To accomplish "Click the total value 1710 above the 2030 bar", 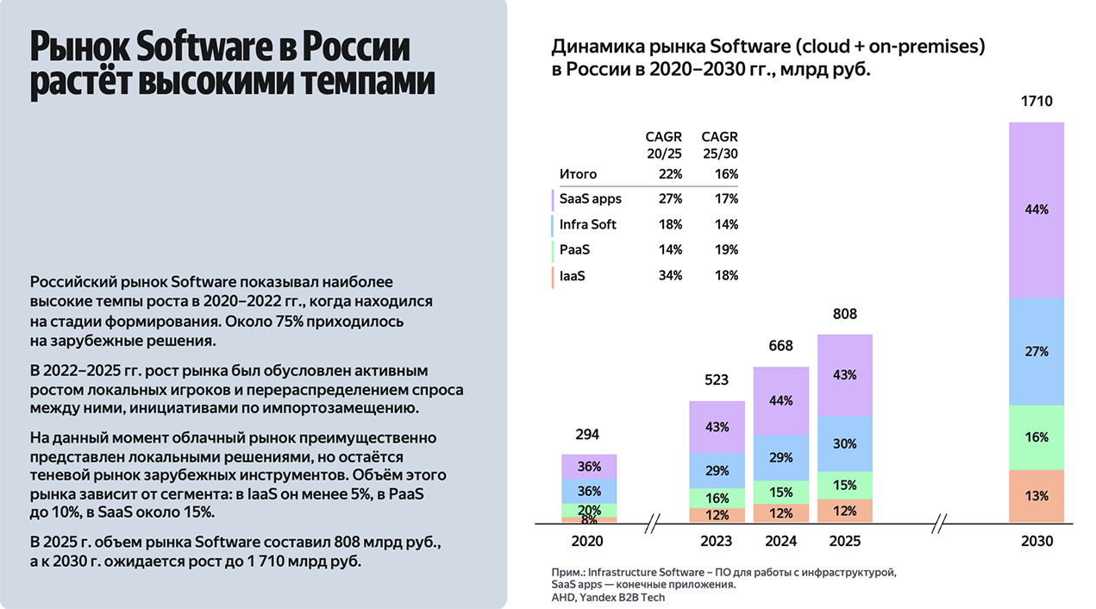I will pyautogui.click(x=1037, y=102).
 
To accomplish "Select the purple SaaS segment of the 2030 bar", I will pyautogui.click(x=1037, y=210).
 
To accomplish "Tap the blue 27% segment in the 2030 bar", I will pyautogui.click(x=1037, y=351).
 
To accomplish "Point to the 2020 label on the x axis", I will pyautogui.click(x=588, y=542).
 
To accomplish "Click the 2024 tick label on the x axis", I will pyautogui.click(x=780, y=542).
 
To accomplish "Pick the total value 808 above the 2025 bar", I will pyautogui.click(x=845, y=314).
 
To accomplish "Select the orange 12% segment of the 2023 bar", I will pyautogui.click(x=717, y=515).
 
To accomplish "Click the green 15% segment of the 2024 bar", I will pyautogui.click(x=780, y=492).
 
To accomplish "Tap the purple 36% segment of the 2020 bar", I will pyautogui.click(x=589, y=467).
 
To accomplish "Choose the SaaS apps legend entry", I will pyautogui.click(x=590, y=199).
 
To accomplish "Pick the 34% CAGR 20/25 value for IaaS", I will pyautogui.click(x=669, y=276).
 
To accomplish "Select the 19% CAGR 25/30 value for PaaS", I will pyautogui.click(x=726, y=250).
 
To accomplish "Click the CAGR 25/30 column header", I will pyautogui.click(x=720, y=144).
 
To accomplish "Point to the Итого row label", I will pyautogui.click(x=578, y=174).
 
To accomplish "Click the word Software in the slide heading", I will pyautogui.click(x=202, y=47).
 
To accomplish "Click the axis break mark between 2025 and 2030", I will pyautogui.click(x=941, y=522).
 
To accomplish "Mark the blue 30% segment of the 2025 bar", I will pyautogui.click(x=845, y=443).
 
